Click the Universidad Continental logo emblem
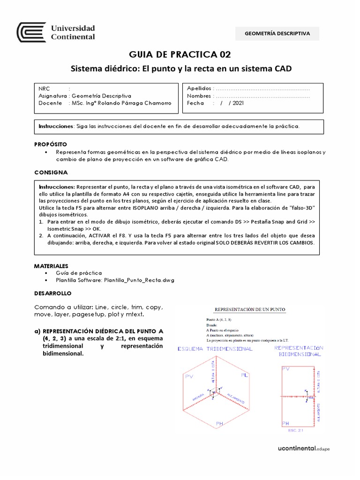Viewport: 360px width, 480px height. (31, 32)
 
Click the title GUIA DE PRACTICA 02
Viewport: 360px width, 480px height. (180, 54)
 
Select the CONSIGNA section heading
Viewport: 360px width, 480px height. (51, 172)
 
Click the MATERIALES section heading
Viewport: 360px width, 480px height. (52, 265)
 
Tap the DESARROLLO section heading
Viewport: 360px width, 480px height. (52, 293)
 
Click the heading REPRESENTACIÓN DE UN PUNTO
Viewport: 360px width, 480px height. (250, 309)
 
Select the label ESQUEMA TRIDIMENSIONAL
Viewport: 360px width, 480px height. (215, 349)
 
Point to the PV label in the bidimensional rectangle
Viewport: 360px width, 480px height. (285, 369)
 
